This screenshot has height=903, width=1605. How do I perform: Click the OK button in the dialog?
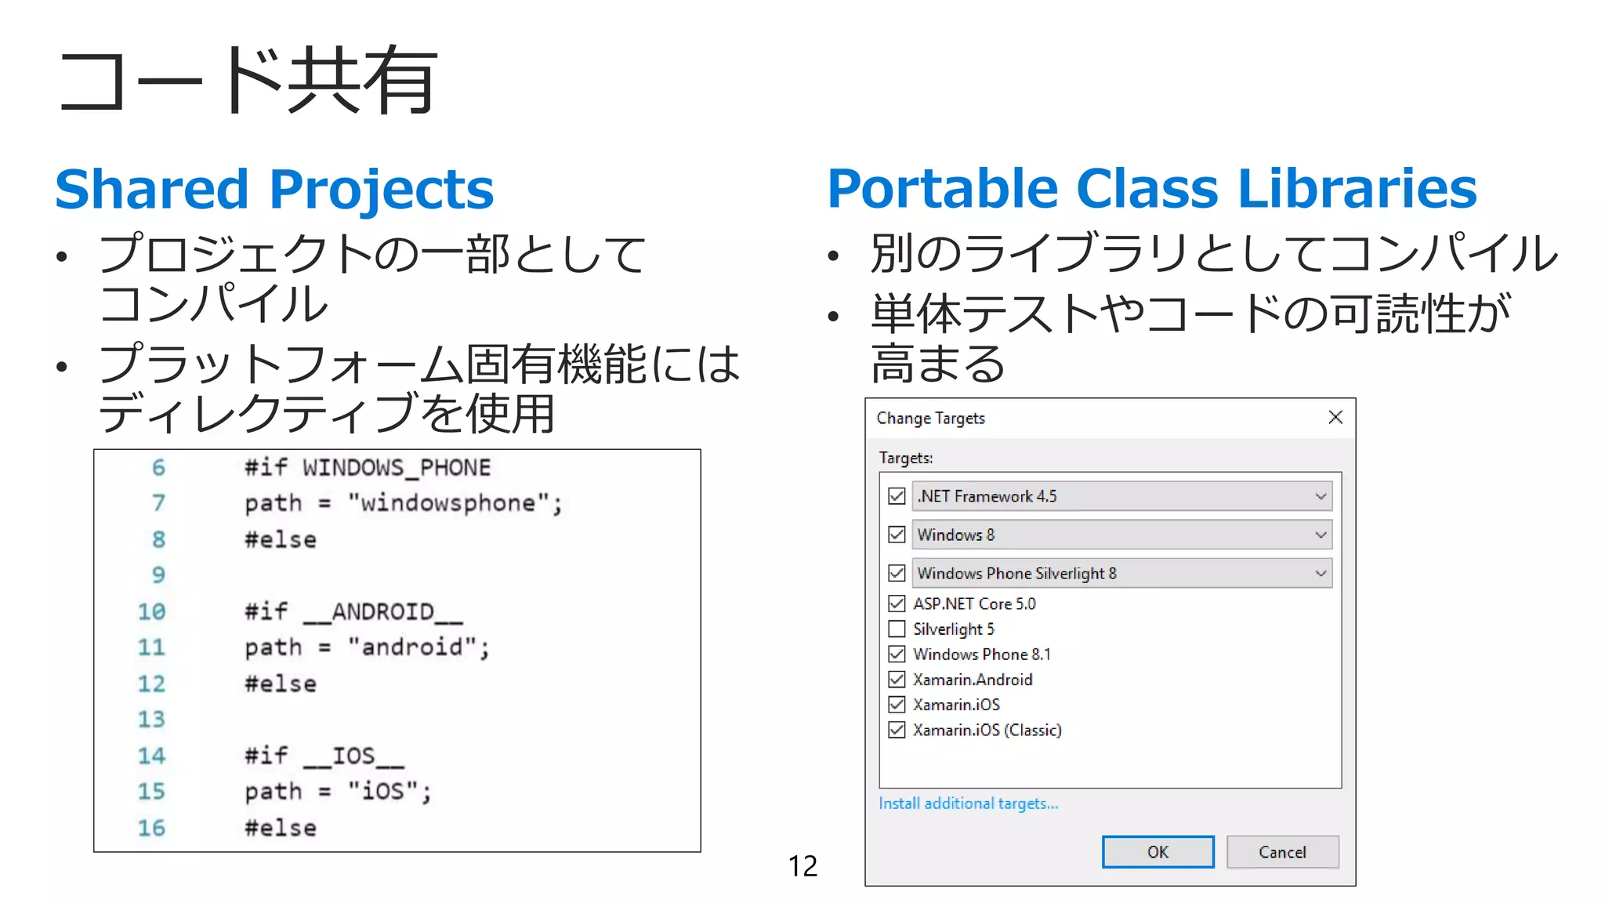click(1158, 852)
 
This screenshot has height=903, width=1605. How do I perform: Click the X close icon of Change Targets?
click(1335, 417)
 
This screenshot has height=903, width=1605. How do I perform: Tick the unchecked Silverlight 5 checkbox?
click(897, 629)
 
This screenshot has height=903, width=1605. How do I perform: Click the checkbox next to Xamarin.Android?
click(897, 679)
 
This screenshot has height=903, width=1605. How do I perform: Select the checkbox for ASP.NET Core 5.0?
click(897, 604)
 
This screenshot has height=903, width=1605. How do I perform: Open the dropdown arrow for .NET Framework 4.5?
click(1321, 496)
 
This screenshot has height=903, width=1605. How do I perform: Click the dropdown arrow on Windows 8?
click(1321, 535)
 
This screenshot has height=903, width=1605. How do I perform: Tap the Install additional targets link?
click(968, 803)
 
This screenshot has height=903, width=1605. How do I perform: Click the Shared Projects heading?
click(274, 190)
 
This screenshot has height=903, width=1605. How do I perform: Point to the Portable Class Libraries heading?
click(1151, 189)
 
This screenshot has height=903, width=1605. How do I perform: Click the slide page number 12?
click(802, 866)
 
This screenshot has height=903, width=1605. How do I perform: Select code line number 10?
click(151, 611)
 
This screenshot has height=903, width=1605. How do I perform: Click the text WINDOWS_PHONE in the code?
click(397, 468)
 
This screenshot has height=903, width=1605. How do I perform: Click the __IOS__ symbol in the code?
click(353, 756)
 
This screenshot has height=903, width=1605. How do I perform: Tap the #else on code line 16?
click(281, 828)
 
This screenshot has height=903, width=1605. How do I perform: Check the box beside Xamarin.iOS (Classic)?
click(897, 730)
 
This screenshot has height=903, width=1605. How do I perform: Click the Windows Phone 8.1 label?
click(982, 655)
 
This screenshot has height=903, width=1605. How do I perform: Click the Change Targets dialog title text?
click(930, 419)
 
